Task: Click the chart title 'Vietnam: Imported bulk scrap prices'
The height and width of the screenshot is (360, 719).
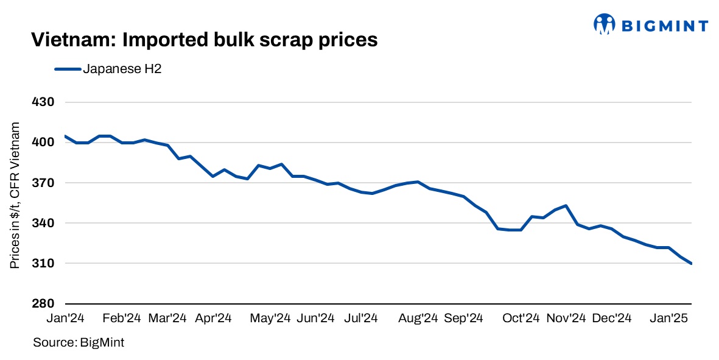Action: [x=204, y=40]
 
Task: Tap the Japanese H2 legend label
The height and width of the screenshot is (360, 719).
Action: [x=122, y=69]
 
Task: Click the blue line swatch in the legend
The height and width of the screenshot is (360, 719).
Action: [x=68, y=69]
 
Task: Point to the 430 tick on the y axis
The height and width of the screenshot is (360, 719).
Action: [x=44, y=102]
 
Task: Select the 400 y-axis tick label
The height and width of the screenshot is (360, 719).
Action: [x=44, y=143]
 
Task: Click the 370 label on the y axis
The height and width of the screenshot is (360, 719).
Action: [x=44, y=183]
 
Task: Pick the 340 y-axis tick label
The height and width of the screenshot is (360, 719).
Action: [x=44, y=223]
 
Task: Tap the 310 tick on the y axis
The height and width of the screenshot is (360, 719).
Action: [x=44, y=263]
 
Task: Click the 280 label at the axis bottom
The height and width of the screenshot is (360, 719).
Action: [x=44, y=303]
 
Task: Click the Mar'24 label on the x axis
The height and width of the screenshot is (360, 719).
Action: [x=167, y=318]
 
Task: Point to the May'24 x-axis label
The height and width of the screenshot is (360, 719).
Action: [x=271, y=318]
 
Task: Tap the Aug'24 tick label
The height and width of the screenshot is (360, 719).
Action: [x=418, y=318]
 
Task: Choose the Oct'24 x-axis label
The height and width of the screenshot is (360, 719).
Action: [x=521, y=318]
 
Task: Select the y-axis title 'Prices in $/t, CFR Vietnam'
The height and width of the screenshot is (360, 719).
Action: [x=15, y=195]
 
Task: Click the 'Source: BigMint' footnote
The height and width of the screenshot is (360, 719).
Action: [x=79, y=343]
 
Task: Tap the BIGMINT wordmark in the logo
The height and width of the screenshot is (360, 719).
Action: [x=664, y=26]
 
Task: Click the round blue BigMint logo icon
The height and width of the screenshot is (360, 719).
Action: [x=604, y=24]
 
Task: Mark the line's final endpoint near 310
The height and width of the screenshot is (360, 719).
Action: [x=691, y=263]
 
